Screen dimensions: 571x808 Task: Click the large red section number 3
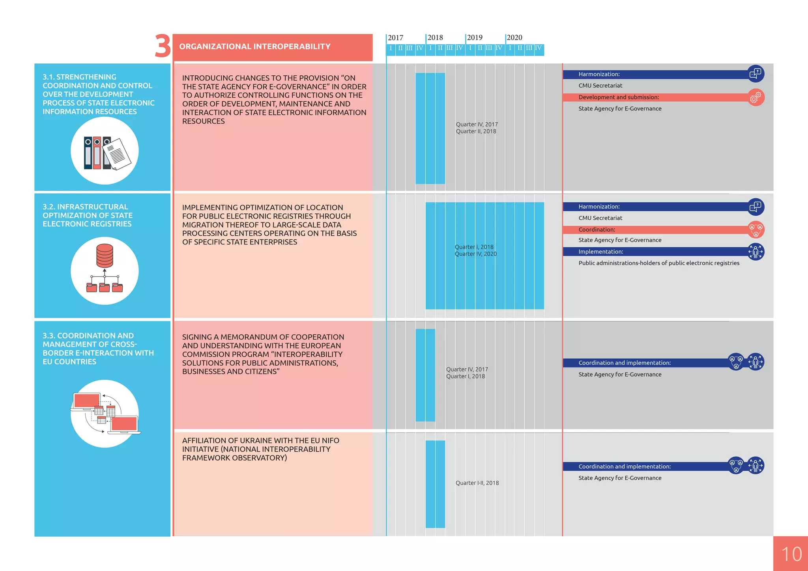[x=163, y=46]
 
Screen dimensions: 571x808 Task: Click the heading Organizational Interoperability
[x=255, y=47]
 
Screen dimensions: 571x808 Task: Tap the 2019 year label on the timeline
[x=475, y=37]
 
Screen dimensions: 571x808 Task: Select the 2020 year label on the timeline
[x=514, y=37]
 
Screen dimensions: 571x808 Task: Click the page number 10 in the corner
[x=791, y=554]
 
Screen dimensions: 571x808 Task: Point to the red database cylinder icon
[x=105, y=256]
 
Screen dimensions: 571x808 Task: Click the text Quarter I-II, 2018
[x=477, y=483]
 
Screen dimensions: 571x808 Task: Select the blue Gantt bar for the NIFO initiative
[x=435, y=484]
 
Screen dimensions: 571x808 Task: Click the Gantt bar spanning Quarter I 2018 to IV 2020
[x=484, y=276]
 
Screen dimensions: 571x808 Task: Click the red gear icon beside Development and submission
[x=756, y=97]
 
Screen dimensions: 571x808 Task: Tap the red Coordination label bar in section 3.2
[x=655, y=230]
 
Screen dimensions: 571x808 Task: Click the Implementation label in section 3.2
[x=600, y=252]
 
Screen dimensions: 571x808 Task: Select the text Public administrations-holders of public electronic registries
[x=659, y=263]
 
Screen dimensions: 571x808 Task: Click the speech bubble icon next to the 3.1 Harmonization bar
[x=756, y=74]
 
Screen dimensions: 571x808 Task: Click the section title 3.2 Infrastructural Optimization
[x=88, y=215]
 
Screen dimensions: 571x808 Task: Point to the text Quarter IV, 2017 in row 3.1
[x=477, y=124]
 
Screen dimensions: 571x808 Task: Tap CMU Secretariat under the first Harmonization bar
[x=600, y=86]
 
